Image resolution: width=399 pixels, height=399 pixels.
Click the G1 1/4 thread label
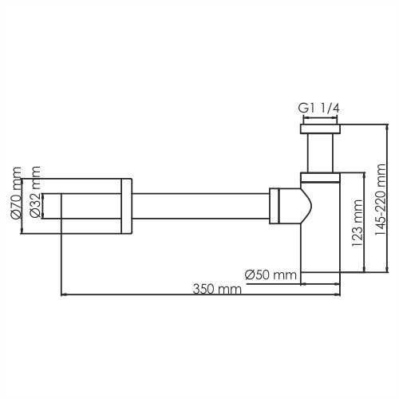click(319, 109)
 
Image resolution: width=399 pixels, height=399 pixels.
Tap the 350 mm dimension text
click(216, 288)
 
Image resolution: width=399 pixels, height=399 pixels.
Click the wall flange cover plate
click(126, 206)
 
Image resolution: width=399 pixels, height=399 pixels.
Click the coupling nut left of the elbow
click(275, 206)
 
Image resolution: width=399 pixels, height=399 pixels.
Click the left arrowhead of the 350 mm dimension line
click(64, 295)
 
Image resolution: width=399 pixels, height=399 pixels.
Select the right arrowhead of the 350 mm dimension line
click(338, 295)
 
